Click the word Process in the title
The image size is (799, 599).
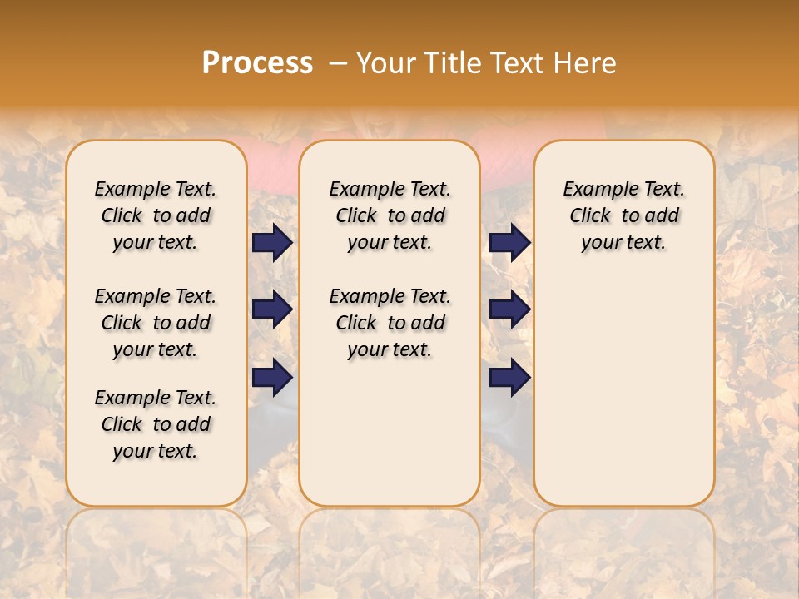(x=257, y=63)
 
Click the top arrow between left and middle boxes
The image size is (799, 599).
(x=272, y=242)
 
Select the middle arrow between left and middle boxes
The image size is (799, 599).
(x=272, y=309)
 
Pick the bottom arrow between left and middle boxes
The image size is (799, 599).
(x=272, y=377)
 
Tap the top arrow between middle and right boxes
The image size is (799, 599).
(x=509, y=242)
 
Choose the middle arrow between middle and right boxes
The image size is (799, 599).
(x=509, y=309)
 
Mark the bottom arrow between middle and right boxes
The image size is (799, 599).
(x=509, y=377)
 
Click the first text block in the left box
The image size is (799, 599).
(x=156, y=215)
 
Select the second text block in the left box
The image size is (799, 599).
(x=156, y=323)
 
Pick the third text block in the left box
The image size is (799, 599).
(x=156, y=424)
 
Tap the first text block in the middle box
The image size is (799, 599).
(x=390, y=215)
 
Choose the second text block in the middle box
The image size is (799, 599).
(x=390, y=323)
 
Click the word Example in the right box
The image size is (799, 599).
(x=596, y=189)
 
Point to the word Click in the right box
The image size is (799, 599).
(x=590, y=215)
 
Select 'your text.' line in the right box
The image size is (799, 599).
(x=623, y=242)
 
